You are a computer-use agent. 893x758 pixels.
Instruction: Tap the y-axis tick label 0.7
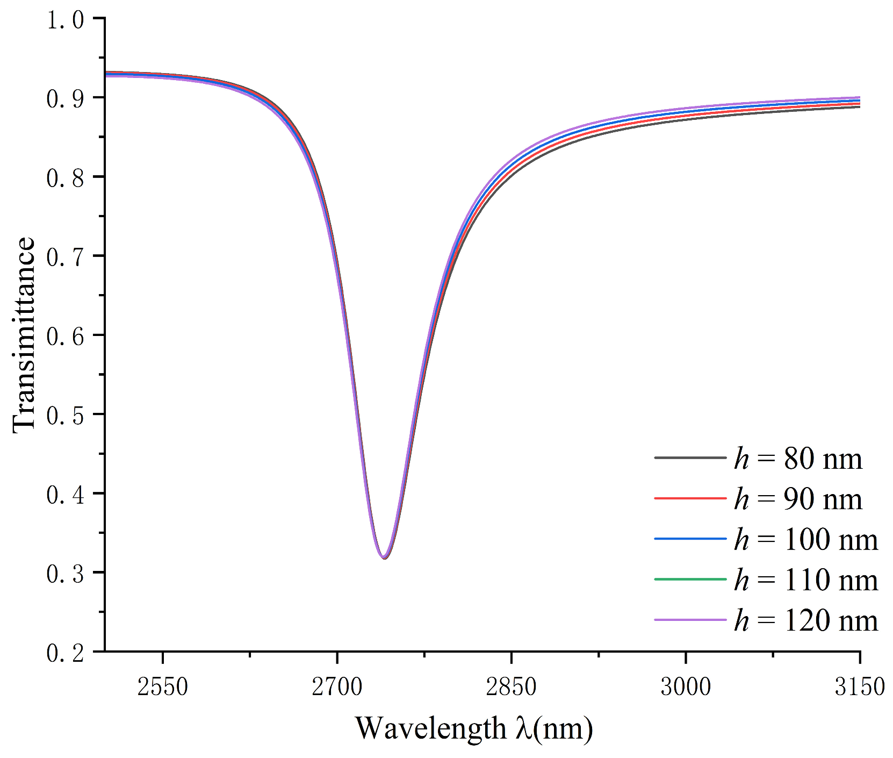[x=65, y=257]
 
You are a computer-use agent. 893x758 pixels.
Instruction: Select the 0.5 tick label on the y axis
[x=65, y=415]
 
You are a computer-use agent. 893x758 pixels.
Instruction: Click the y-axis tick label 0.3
[x=65, y=574]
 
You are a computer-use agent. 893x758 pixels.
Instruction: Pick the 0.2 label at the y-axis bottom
[x=65, y=653]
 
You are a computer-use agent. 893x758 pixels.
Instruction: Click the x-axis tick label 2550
[x=162, y=687]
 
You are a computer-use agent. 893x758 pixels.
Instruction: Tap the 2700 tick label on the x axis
[x=337, y=687]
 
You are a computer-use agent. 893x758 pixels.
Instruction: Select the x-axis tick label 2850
[x=511, y=687]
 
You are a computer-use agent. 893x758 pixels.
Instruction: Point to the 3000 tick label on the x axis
[x=686, y=687]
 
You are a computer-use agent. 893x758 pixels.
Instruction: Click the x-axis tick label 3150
[x=860, y=687]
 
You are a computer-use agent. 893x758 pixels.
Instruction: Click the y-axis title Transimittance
[x=24, y=334]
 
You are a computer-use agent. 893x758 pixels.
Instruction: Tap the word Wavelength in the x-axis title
[x=430, y=729]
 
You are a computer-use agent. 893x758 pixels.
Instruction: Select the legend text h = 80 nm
[x=798, y=459]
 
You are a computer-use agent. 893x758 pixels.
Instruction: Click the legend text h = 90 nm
[x=798, y=499]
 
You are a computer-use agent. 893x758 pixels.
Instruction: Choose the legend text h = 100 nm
[x=805, y=539]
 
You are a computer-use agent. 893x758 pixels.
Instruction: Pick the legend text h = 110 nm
[x=805, y=580]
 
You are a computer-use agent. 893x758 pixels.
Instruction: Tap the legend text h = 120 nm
[x=805, y=620]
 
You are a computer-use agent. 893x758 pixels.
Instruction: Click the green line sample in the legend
[x=690, y=579]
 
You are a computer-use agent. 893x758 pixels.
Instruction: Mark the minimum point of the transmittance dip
[x=384, y=557]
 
